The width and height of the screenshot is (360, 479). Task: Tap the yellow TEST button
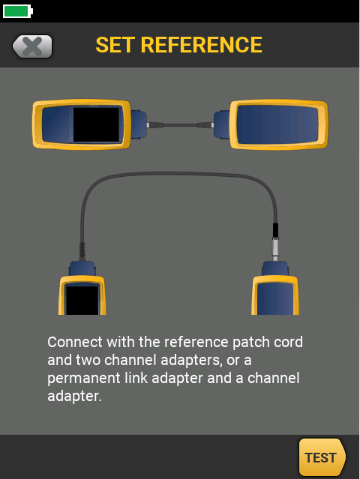coord(322,457)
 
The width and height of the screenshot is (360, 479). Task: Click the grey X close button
coord(32,46)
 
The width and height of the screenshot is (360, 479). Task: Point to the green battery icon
coord(18,11)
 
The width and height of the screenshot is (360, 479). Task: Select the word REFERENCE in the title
coord(201,45)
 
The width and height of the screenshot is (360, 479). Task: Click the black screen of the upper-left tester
coord(96,124)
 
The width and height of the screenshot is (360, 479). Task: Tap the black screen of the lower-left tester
coord(82,300)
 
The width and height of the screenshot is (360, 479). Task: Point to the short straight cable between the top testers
coord(180,125)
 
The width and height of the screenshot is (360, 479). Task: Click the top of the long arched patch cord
coord(178,173)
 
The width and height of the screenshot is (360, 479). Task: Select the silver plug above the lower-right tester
coord(275,248)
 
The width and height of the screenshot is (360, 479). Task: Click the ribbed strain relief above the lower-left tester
coord(82,251)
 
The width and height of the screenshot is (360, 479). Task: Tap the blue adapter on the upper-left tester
coord(139,125)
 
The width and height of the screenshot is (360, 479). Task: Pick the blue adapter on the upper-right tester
coord(221,125)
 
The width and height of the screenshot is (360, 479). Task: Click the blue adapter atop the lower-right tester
coord(275,268)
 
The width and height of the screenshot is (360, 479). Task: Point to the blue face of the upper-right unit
coord(277,124)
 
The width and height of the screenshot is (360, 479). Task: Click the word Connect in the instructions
coord(74,342)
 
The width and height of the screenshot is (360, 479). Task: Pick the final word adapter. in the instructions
coord(74,397)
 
